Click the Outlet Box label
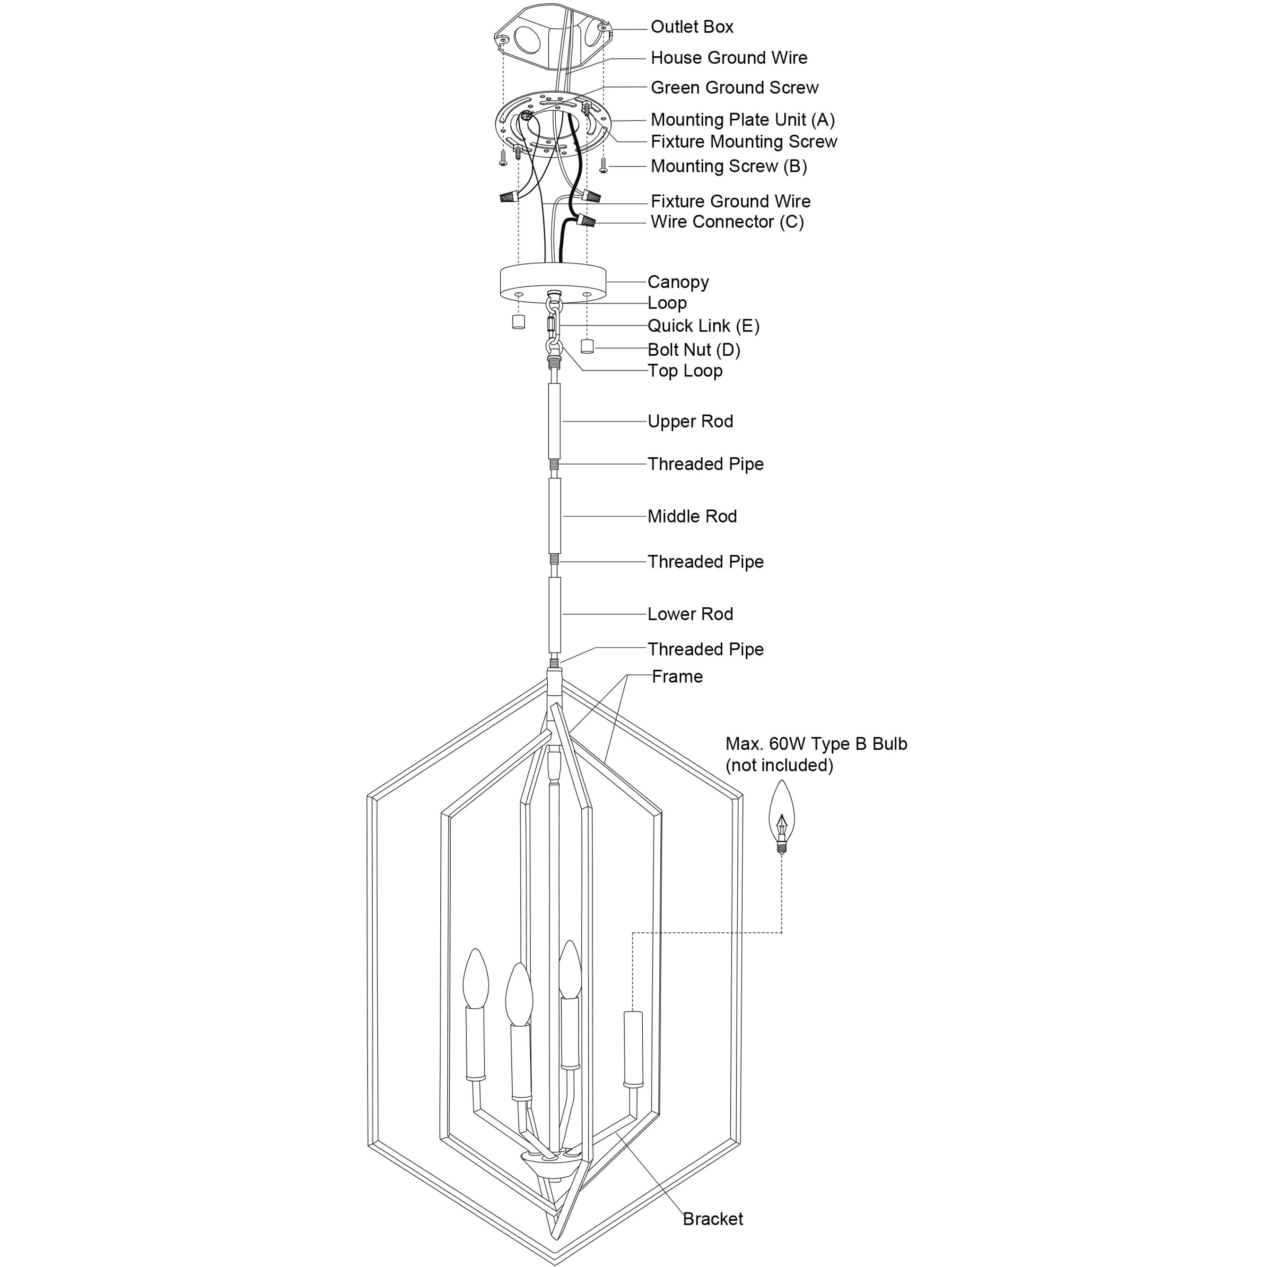691,27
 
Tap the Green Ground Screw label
734,88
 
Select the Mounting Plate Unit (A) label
743,120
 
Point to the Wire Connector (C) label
726,222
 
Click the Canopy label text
678,282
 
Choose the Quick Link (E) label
703,326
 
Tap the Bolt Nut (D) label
694,350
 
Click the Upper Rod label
690,422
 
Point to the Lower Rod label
690,614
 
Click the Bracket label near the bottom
713,1219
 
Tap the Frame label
677,677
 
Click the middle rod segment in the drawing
555,516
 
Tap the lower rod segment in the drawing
555,614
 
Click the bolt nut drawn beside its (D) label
587,346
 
